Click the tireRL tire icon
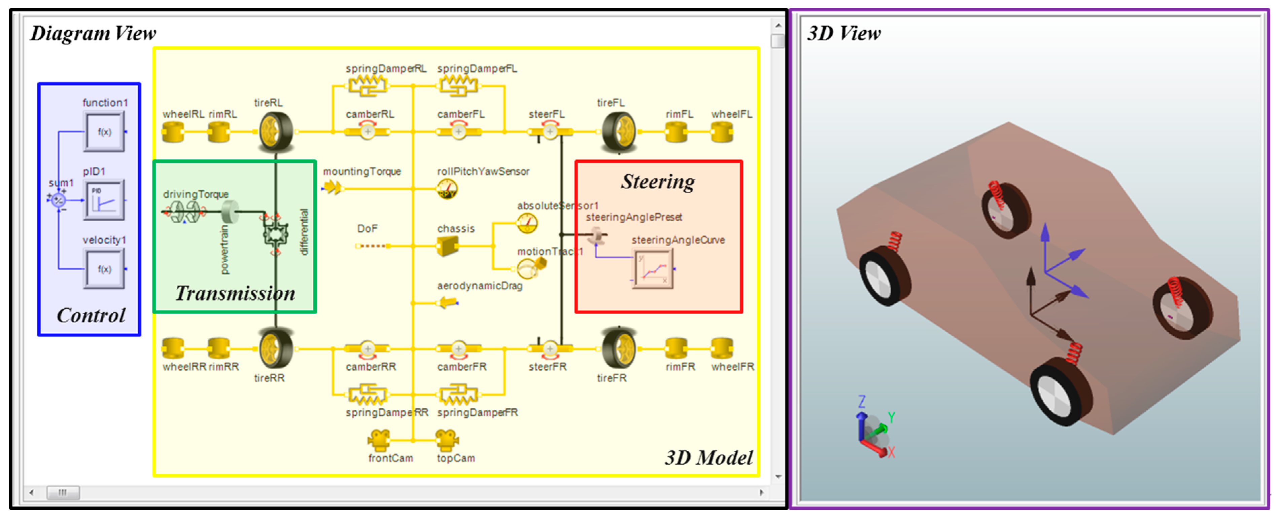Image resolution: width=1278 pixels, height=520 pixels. click(275, 132)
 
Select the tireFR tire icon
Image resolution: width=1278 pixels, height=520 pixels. click(618, 348)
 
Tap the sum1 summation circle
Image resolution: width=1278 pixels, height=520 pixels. click(59, 200)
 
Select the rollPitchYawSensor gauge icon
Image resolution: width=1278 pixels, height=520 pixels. click(447, 189)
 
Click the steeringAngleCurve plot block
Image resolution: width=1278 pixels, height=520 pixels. click(653, 268)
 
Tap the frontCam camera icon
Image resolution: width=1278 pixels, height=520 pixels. click(379, 439)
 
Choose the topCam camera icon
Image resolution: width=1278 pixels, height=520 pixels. click(447, 439)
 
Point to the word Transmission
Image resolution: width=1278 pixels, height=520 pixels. click(235, 293)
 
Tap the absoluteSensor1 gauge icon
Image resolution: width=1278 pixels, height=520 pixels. click(527, 223)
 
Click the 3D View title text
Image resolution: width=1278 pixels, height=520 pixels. click(843, 34)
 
